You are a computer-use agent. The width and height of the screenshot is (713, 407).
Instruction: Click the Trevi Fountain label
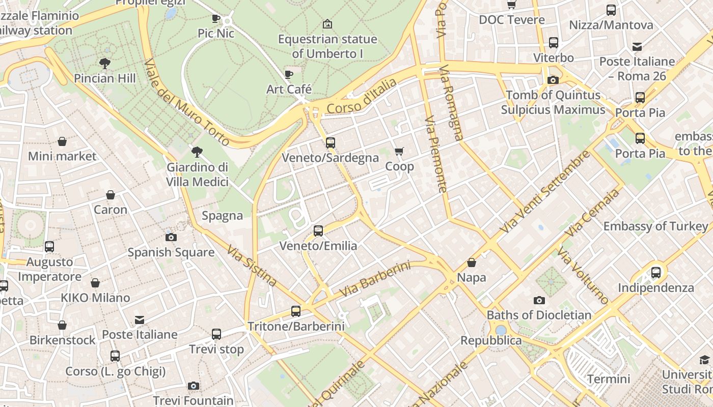click(x=193, y=400)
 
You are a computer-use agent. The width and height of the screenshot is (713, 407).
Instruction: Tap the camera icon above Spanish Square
click(x=171, y=237)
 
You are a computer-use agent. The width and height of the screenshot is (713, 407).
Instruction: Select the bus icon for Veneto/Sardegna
click(x=331, y=143)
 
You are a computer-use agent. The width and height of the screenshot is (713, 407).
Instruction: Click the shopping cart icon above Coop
click(x=399, y=151)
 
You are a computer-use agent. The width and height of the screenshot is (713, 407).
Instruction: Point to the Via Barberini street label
click(x=375, y=280)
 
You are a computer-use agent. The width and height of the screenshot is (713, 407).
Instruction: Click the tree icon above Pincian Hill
click(x=105, y=64)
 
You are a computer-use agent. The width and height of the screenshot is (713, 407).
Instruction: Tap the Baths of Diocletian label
click(x=539, y=315)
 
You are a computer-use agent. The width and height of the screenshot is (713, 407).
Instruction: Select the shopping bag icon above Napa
click(x=472, y=263)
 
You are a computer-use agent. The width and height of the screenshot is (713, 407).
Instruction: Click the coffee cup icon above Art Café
click(x=289, y=75)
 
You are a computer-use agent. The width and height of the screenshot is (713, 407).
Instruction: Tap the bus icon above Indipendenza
click(x=656, y=272)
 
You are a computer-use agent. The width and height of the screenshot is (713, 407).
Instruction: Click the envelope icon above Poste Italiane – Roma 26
click(x=637, y=47)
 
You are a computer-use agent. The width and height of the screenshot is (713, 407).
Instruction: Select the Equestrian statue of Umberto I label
click(x=327, y=46)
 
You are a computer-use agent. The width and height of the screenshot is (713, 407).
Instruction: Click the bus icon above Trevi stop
click(x=216, y=334)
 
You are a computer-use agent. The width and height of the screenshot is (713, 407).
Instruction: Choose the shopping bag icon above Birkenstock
click(x=62, y=325)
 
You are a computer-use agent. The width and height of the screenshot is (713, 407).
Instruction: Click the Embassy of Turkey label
click(x=655, y=226)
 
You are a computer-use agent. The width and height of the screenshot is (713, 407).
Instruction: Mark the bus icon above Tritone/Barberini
click(x=296, y=311)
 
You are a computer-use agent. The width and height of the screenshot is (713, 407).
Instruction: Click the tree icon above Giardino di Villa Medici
click(x=197, y=152)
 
